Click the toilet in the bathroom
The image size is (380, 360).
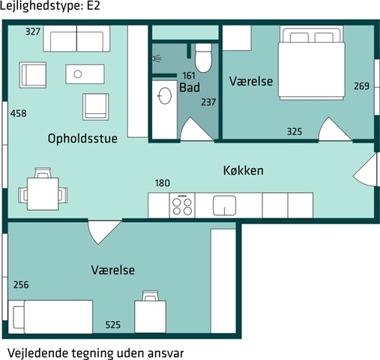(203, 58)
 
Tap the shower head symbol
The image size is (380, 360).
(157, 58)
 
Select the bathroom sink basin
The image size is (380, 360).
(165, 95)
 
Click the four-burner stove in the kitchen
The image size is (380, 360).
(182, 205)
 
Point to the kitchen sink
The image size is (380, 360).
(224, 205)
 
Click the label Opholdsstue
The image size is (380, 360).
(82, 139)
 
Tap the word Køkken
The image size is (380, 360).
(244, 170)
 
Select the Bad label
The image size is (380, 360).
(190, 88)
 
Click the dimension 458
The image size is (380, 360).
(19, 113)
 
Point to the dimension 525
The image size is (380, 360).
(113, 325)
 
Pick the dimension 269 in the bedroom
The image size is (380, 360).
(361, 86)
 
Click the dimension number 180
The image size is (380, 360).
(163, 183)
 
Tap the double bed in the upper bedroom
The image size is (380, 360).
(312, 63)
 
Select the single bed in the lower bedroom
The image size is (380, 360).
(50, 316)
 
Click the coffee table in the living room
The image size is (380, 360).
(85, 74)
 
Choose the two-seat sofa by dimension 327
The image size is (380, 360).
(76, 38)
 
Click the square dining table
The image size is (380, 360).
(43, 193)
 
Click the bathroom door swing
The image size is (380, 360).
(196, 129)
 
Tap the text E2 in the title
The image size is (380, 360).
(94, 6)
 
